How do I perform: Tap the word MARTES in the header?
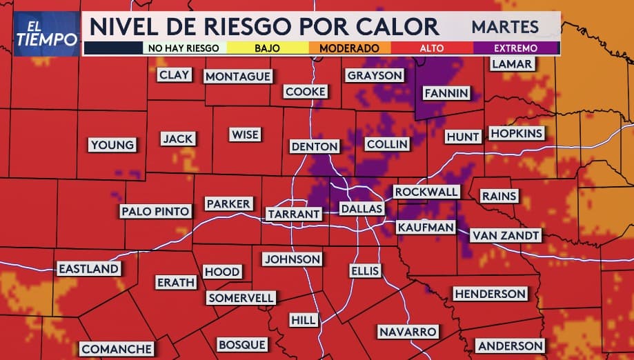(506, 27)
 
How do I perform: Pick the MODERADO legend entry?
(348, 48)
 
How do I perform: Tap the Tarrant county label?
(294, 214)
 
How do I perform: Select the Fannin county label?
(446, 93)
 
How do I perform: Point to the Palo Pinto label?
(155, 212)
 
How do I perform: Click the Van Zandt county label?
(506, 235)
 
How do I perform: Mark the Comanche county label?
(117, 350)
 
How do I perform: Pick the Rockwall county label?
(426, 191)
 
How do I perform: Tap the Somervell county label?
(241, 298)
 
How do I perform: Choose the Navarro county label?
(408, 332)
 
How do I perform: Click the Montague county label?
(238, 77)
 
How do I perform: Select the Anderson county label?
(511, 346)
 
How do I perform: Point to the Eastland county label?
(88, 269)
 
